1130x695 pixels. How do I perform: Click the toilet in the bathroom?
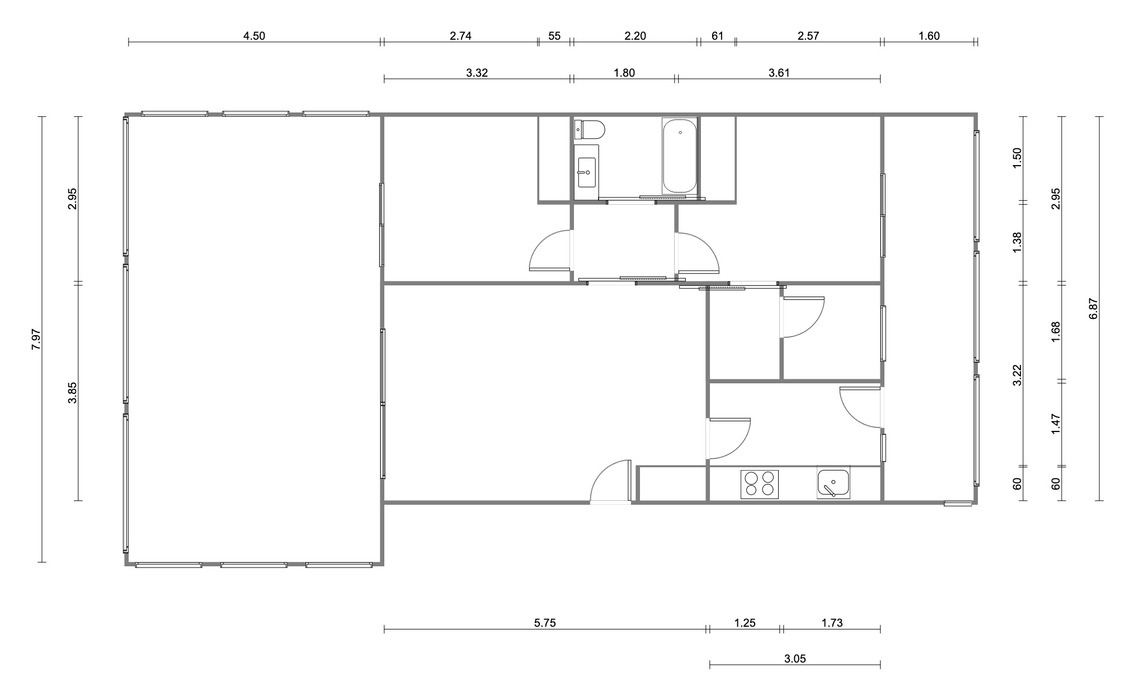(590, 129)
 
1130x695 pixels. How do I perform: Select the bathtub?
(680, 156)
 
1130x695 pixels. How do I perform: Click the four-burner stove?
(760, 485)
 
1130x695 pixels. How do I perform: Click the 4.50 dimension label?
(254, 36)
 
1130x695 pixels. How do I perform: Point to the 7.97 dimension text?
(36, 339)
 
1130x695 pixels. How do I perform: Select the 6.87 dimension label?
(1094, 308)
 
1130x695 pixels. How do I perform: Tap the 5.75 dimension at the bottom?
(545, 623)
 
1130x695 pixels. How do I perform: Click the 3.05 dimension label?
(795, 659)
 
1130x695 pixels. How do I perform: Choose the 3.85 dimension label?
(72, 392)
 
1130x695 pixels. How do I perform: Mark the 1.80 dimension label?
(624, 73)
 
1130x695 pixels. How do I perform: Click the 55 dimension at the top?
(554, 36)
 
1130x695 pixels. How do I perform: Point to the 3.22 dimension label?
(1018, 375)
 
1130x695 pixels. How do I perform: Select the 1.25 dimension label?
(745, 623)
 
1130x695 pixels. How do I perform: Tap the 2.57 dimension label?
(808, 36)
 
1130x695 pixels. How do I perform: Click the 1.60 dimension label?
(929, 36)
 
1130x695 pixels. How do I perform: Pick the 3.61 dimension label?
(779, 73)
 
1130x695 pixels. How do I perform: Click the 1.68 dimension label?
(1056, 332)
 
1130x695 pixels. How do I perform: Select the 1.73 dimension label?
(832, 623)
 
